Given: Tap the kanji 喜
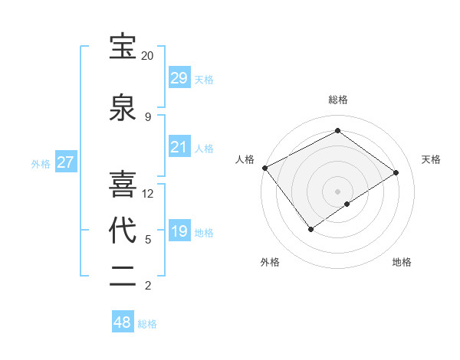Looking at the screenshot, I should pyautogui.click(x=123, y=184).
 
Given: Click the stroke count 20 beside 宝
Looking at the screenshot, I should pyautogui.click(x=147, y=56).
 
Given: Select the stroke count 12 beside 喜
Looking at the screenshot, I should pyautogui.click(x=148, y=194).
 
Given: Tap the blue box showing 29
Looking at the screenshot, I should pyautogui.click(x=179, y=78).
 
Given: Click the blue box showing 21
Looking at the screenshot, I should pyautogui.click(x=179, y=147).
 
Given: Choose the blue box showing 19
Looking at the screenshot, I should pyautogui.click(x=179, y=231).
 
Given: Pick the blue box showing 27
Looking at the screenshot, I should pyautogui.click(x=66, y=162).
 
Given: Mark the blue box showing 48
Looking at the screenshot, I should pyautogui.click(x=123, y=322).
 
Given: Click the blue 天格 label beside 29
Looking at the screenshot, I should pyautogui.click(x=203, y=80).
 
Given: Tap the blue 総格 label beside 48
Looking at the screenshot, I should pyautogui.click(x=147, y=324).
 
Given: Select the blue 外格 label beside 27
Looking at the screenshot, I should pyautogui.click(x=41, y=164).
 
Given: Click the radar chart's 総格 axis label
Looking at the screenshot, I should pyautogui.click(x=337, y=100).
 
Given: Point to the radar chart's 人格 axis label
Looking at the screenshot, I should pyautogui.click(x=245, y=159).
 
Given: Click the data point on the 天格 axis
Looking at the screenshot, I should pyautogui.click(x=396, y=172).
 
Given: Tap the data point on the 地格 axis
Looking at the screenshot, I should pyautogui.click(x=347, y=204).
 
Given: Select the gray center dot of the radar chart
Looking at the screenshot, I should pyautogui.click(x=337, y=190).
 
